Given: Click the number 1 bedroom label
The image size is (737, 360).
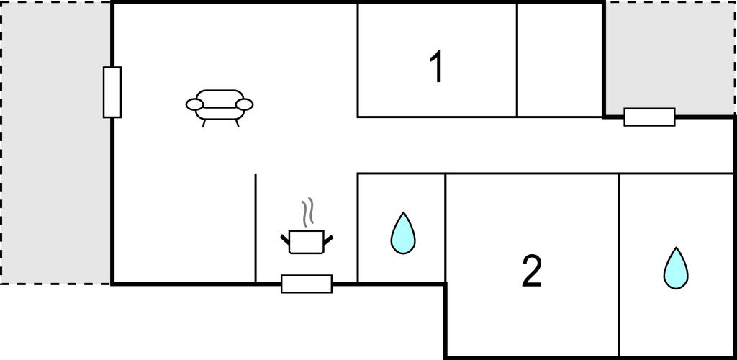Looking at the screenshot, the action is point(437,67).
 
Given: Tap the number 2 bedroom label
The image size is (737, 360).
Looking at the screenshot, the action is point(532,271).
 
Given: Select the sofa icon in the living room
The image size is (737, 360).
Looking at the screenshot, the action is point(220,108).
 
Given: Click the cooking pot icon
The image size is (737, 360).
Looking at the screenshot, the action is point(307,242).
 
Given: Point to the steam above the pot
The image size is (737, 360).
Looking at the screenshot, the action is point(307,213).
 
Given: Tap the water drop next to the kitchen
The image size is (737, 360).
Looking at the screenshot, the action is point(403,233).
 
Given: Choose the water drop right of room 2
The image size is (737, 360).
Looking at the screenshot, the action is point(675,268).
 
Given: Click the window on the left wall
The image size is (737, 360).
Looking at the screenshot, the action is point(112,92).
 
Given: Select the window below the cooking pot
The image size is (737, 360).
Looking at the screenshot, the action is point(307,284).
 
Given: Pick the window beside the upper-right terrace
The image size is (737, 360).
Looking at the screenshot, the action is point(650,117).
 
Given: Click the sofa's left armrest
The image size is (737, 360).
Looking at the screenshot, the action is point(194,105).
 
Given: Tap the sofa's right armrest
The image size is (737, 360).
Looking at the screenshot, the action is point(245,105).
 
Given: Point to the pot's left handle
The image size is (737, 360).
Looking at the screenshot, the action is point(285,239).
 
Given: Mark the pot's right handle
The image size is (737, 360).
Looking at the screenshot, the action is point(328,240).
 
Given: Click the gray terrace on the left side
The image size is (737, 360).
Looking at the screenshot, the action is point(56,143).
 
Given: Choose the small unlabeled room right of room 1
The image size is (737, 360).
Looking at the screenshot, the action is point(560,60).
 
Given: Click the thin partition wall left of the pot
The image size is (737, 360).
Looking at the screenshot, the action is point(256,228).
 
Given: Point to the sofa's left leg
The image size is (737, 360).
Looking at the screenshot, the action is point(204,123).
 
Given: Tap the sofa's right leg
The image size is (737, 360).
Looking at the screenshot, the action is point(238,123).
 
